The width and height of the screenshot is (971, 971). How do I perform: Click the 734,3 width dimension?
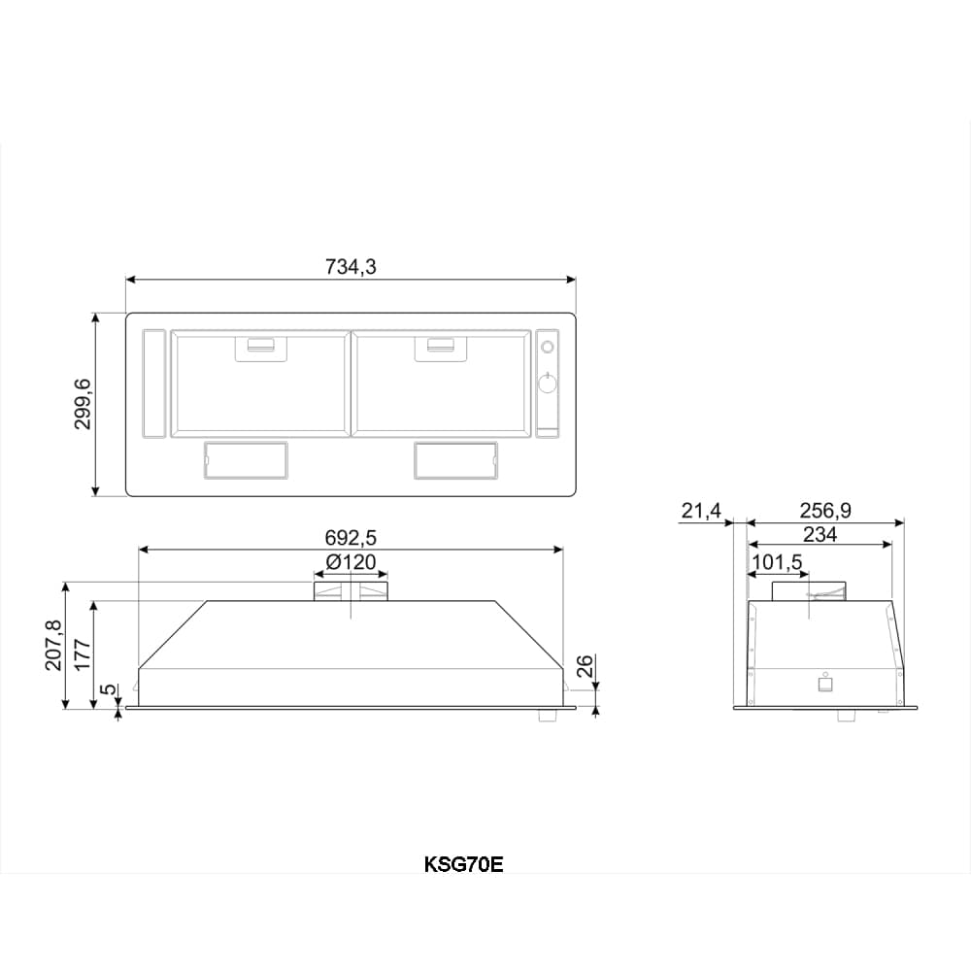coord(351,267)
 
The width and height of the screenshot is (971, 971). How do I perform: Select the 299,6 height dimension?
coord(83,404)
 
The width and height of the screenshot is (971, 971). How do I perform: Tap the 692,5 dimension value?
coord(351,538)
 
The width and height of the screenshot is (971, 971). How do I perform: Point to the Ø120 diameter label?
coord(351,562)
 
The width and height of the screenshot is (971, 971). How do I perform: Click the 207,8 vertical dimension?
coord(53,645)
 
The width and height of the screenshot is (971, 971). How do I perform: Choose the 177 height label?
coord(83,654)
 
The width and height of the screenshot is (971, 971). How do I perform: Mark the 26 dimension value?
coord(585,666)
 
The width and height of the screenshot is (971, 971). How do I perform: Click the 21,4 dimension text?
coord(701,511)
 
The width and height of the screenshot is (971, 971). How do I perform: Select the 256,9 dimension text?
coord(824,511)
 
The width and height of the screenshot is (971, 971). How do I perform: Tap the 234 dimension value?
coord(820,534)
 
